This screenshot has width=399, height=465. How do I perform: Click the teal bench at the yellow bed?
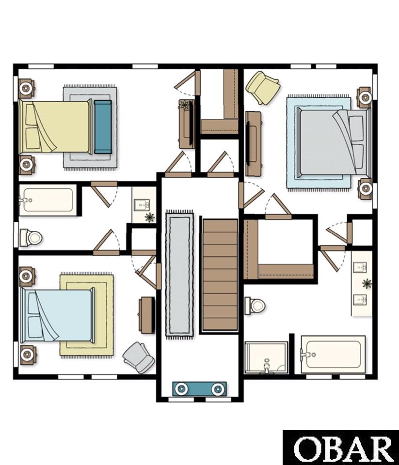tap(103, 127)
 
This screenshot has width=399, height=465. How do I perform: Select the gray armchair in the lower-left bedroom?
tap(139, 357)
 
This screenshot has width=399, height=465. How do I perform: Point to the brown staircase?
tap(220, 275)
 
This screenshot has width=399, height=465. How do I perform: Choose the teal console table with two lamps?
tap(200, 389)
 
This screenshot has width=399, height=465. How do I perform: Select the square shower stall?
tap(266, 357)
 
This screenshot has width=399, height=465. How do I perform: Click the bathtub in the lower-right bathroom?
tap(333, 354)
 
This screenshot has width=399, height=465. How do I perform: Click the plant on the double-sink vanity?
tap(367, 283)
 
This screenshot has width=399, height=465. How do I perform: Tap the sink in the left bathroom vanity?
tap(142, 204)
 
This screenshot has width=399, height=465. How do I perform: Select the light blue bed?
tap(57, 315)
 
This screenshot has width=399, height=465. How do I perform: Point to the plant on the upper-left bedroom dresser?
tap(185, 105)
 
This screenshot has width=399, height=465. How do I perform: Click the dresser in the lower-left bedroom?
tap(147, 315)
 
